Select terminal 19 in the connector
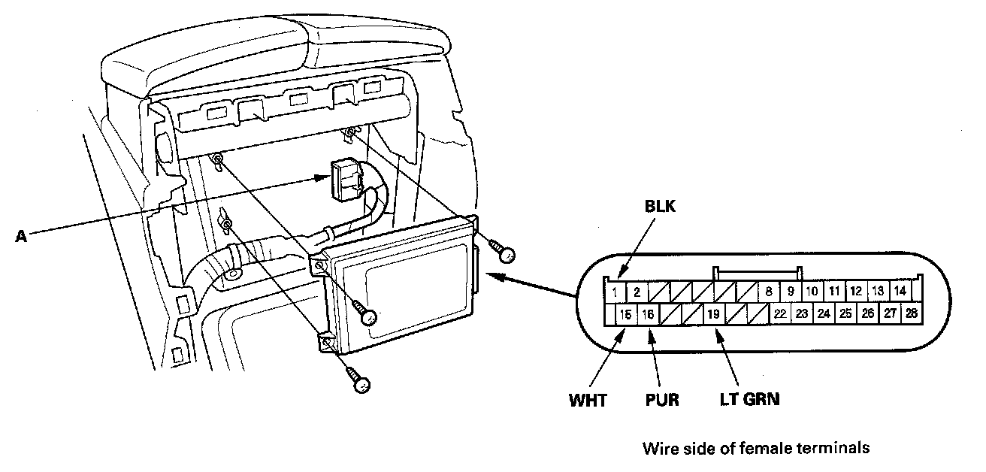714,313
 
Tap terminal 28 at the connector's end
912,313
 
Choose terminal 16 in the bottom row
648,313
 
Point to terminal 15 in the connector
625,313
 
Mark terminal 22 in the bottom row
781,313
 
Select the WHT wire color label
588,400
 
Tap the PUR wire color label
661,400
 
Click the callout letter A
21,235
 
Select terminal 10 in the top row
812,292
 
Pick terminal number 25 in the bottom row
845,313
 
